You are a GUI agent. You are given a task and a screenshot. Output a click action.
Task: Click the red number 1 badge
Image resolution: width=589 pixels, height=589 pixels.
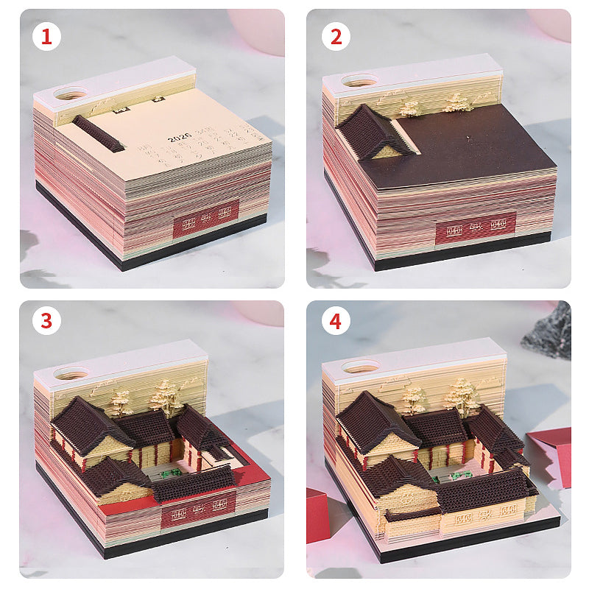click(x=46, y=36)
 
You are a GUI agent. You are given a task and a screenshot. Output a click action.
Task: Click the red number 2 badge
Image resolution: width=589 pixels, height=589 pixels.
click(x=336, y=36)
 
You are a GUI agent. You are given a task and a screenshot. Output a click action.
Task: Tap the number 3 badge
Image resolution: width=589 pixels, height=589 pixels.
click(x=46, y=321)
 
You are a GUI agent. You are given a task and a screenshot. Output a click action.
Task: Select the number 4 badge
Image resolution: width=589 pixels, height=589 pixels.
click(x=336, y=321)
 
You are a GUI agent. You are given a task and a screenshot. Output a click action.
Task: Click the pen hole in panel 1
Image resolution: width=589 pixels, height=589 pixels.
click(x=71, y=94)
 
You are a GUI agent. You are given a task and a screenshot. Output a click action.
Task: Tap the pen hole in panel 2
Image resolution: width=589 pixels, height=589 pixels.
click(x=360, y=80)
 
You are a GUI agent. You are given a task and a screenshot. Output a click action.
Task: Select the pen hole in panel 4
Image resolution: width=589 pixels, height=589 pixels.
click(x=360, y=366)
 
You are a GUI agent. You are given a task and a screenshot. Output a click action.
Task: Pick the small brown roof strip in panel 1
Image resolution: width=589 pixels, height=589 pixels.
click(x=98, y=133)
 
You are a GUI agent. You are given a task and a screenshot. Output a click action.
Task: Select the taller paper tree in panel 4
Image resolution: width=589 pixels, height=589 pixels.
click(x=462, y=395)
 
